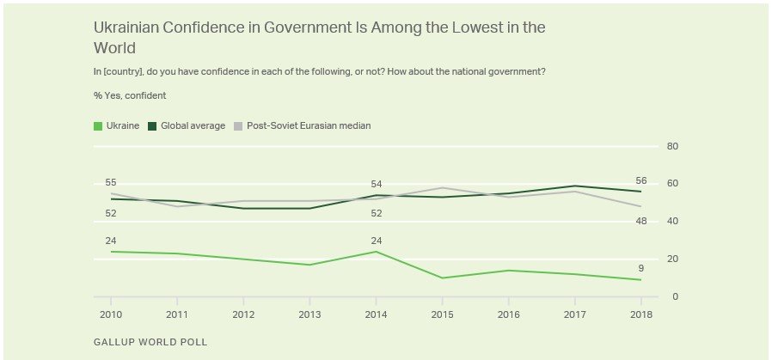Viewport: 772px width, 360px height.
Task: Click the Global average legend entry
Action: tap(187, 126)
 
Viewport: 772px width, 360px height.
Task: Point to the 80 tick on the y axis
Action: tap(673, 147)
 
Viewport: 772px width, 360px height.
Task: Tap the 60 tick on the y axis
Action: tap(673, 184)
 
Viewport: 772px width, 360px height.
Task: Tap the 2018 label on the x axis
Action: tap(640, 314)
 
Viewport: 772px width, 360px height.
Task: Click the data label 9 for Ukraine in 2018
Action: tap(640, 268)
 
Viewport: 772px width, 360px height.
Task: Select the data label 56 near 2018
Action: tap(640, 181)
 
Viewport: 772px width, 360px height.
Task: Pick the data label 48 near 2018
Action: tap(640, 221)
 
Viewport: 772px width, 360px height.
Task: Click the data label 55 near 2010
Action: tap(111, 182)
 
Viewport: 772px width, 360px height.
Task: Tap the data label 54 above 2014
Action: tap(376, 184)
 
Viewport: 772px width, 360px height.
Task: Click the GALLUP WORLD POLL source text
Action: tap(150, 342)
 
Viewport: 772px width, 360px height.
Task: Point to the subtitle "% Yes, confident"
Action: tap(130, 95)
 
